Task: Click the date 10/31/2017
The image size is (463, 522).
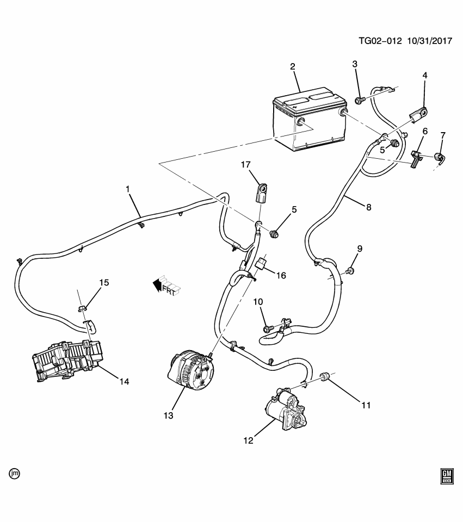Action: click(429, 41)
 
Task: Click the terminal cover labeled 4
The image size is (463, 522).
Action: click(418, 115)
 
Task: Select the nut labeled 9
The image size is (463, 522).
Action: click(351, 270)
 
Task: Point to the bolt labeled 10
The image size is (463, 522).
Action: click(267, 328)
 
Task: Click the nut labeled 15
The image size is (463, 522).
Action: click(83, 309)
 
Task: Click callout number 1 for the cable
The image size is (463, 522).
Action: click(128, 189)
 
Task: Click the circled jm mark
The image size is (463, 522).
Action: click(15, 473)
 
